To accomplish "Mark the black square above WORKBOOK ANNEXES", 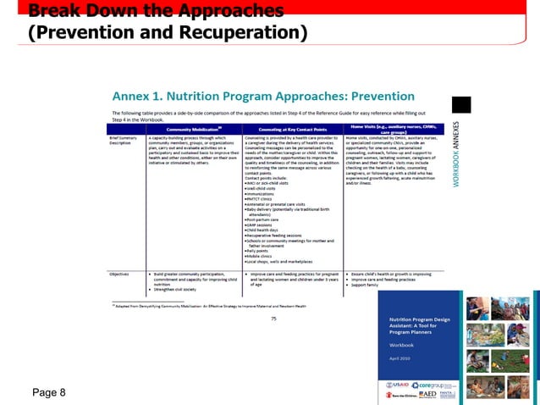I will (x=460, y=104).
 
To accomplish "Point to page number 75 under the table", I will (x=273, y=318).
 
